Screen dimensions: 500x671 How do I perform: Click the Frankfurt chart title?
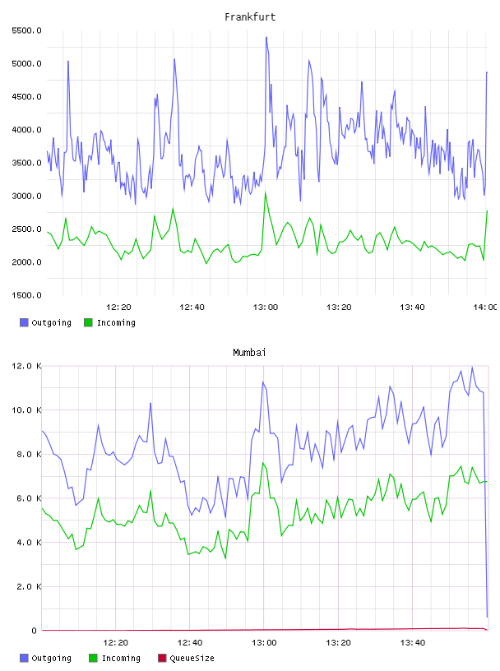(x=250, y=16)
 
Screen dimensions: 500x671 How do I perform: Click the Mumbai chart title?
(x=249, y=352)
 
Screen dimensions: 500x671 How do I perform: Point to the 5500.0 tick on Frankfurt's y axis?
(x=26, y=30)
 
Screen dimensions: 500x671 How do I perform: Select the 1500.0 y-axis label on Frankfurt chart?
(x=26, y=295)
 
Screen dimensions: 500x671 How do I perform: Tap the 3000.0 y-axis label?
(x=26, y=196)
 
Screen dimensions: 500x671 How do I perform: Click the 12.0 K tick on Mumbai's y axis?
(x=26, y=366)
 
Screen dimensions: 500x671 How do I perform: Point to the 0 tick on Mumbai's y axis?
(x=35, y=631)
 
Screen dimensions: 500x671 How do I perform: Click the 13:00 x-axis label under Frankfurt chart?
(x=266, y=307)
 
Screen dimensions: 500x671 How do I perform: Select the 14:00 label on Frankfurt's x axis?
(x=485, y=307)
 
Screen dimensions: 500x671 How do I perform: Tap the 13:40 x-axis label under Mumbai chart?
(x=413, y=642)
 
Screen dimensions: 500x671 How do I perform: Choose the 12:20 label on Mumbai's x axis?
(x=116, y=642)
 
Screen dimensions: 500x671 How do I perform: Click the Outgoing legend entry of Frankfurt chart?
(x=45, y=322)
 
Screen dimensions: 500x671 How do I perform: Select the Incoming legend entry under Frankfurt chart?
(x=110, y=322)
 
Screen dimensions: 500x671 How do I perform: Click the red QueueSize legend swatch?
(x=162, y=658)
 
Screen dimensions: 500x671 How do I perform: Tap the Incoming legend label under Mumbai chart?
(x=121, y=658)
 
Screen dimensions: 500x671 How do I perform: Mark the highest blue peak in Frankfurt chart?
(x=266, y=38)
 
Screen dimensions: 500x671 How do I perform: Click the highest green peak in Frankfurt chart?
(x=266, y=192)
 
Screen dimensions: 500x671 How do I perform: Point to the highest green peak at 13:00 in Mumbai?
(x=263, y=463)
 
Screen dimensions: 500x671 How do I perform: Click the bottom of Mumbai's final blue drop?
(x=487, y=617)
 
